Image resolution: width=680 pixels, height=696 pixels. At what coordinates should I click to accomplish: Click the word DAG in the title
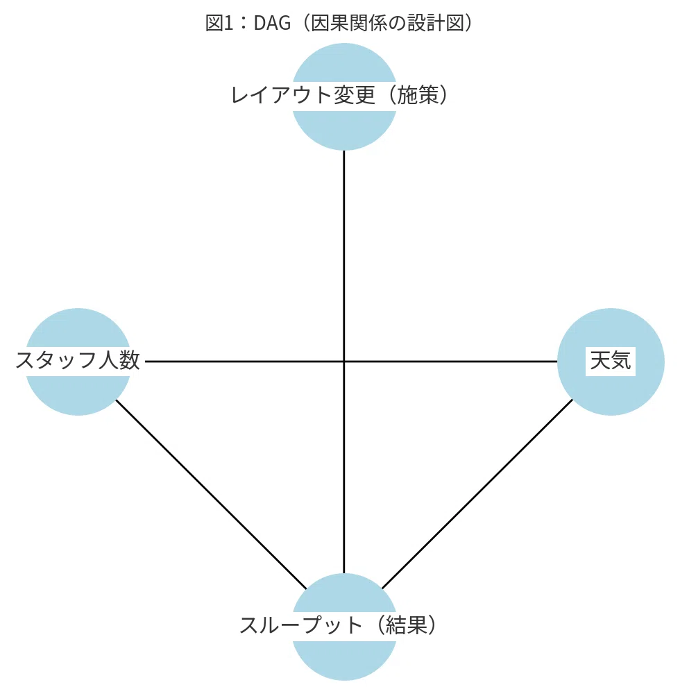pyautogui.click(x=272, y=23)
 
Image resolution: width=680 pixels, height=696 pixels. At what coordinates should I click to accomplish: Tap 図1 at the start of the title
pyautogui.click(x=219, y=23)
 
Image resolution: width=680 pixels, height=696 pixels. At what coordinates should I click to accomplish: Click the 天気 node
pyautogui.click(x=611, y=362)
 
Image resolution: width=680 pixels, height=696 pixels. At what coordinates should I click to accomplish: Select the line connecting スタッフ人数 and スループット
pyautogui.click(x=211, y=494)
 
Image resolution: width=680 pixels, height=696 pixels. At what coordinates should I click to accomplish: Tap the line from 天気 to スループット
pyautogui.click(x=477, y=494)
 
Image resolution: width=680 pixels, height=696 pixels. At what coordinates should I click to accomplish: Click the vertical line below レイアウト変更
pyautogui.click(x=344, y=362)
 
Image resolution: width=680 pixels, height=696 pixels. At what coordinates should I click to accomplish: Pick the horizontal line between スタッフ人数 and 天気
pyautogui.click(x=351, y=362)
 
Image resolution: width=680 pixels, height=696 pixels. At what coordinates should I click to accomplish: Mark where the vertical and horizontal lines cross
pyautogui.click(x=344, y=362)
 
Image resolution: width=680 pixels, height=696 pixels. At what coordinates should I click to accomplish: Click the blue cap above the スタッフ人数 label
pyautogui.click(x=78, y=328)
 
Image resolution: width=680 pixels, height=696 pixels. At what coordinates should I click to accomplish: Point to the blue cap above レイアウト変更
pyautogui.click(x=344, y=62)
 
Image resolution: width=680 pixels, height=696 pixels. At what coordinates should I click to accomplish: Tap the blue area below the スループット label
pyautogui.click(x=344, y=661)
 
